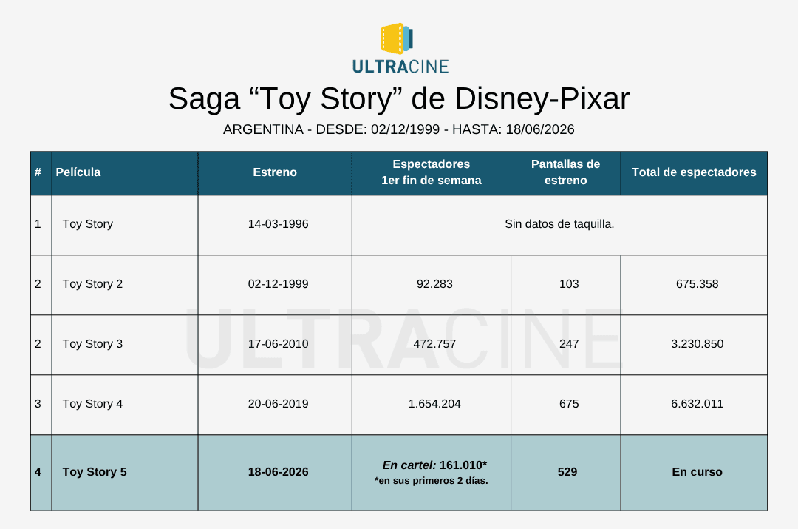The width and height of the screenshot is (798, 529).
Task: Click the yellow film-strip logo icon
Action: coord(397,38)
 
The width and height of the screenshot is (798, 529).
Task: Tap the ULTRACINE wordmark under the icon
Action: coord(400,67)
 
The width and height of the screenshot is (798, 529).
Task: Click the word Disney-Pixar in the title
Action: coord(542,98)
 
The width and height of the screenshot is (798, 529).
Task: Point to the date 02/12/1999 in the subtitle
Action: coord(405,129)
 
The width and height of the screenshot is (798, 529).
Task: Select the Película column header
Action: coord(78,172)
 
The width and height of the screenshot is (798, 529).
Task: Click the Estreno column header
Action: coord(275,172)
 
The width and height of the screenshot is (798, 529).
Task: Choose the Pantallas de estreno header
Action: coord(565,172)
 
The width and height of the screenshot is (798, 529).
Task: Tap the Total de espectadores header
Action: coord(694,172)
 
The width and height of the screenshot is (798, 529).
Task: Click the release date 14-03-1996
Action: coord(278,224)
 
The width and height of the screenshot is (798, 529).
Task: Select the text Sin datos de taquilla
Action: coord(559,224)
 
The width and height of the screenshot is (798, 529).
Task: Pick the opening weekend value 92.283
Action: coord(434,284)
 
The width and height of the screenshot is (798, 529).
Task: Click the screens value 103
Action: coord(569,284)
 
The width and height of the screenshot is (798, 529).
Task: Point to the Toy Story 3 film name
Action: coord(92,344)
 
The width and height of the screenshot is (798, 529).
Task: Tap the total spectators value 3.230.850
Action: coord(698,344)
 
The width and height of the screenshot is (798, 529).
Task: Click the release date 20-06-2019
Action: coord(278,404)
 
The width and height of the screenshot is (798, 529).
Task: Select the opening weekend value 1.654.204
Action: coord(434,404)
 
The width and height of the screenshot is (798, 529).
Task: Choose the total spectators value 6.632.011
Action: coord(698,404)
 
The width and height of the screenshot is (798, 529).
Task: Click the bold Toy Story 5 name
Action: coord(95,472)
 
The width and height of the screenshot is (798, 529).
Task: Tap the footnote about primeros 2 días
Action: coord(431,481)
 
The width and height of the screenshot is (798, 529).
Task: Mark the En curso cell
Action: coord(698,472)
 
